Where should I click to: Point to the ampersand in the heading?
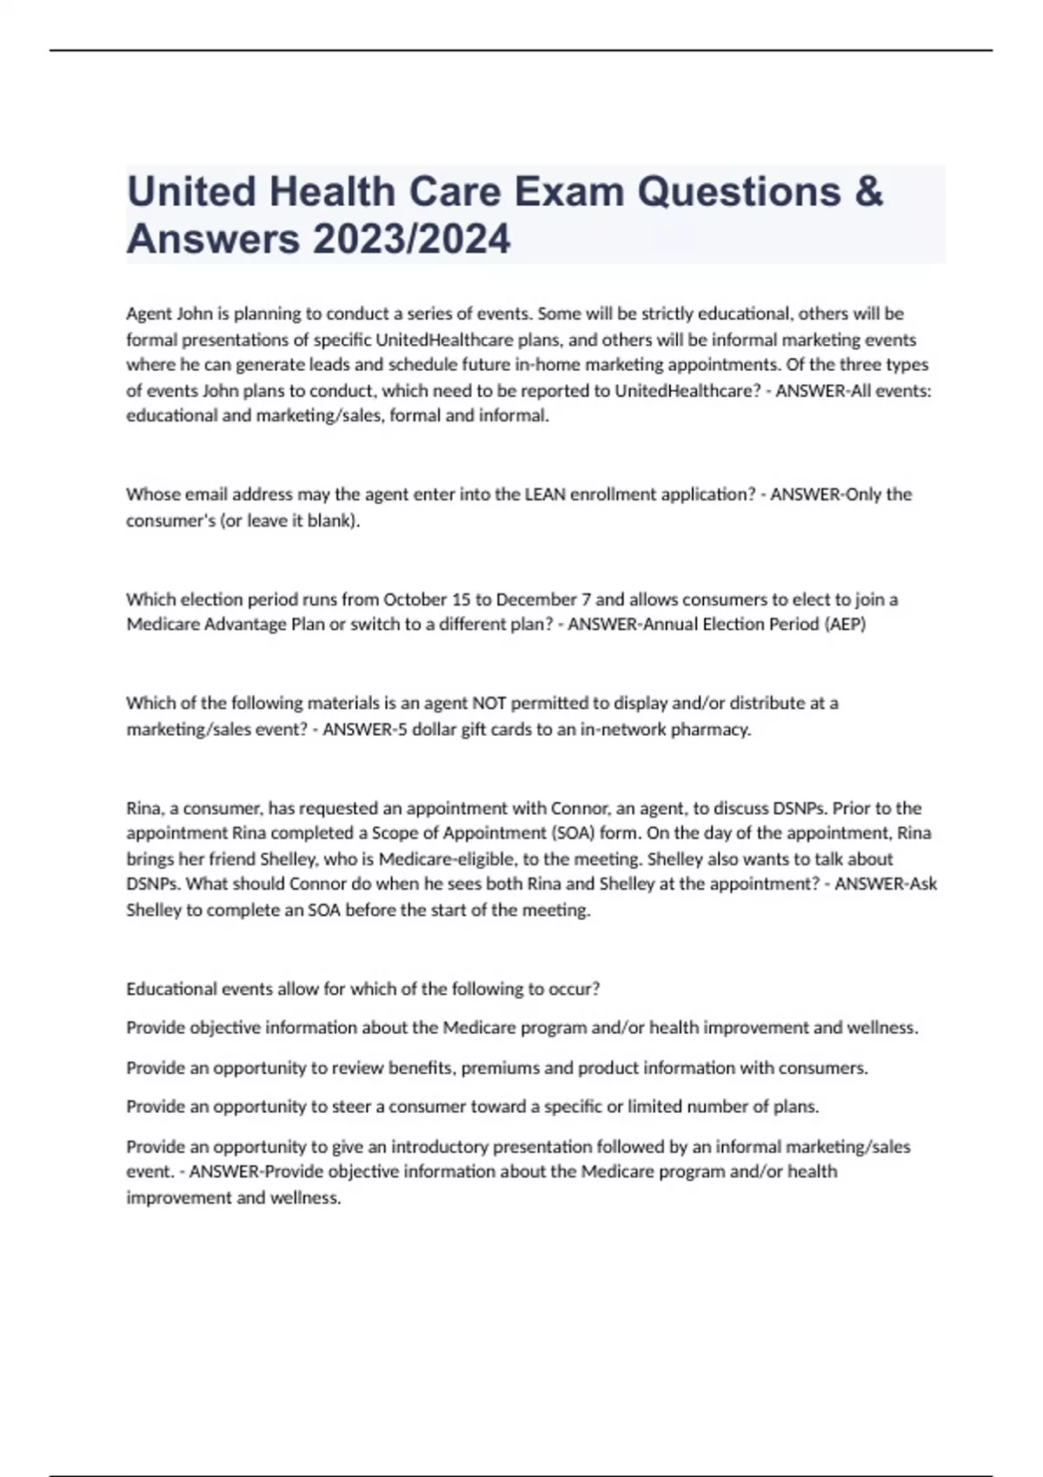click(868, 192)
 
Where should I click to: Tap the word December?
click(531, 599)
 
